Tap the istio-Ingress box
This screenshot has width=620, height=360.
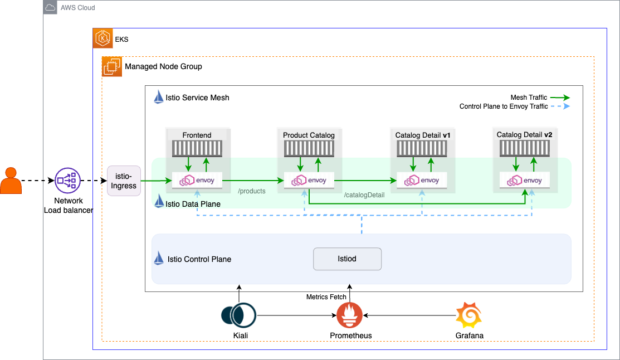(124, 181)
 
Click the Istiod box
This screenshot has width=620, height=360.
(347, 259)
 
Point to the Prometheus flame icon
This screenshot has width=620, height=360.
(349, 317)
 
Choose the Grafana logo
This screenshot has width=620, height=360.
(468, 316)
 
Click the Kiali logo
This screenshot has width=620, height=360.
(238, 316)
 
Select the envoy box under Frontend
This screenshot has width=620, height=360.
(198, 180)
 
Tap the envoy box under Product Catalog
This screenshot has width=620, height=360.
(309, 180)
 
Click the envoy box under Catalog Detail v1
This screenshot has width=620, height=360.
(422, 180)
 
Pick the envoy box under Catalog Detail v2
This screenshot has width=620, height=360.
(525, 180)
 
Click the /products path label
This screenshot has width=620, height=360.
(252, 191)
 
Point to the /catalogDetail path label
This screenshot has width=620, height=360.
(364, 195)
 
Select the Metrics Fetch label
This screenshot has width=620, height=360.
(326, 297)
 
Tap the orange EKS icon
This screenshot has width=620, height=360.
(102, 39)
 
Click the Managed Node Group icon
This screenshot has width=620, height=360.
(112, 66)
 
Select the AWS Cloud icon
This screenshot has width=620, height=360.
(51, 8)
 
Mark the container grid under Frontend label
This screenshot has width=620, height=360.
(197, 148)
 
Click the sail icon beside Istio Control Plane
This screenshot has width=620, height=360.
(159, 259)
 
